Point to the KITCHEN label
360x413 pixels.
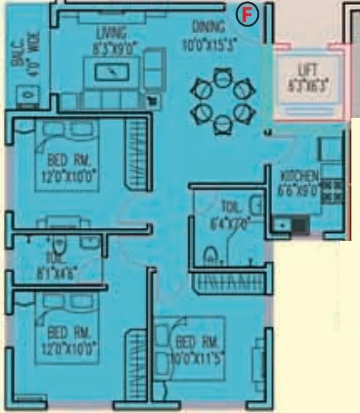coord(299,175)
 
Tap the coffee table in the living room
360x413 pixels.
coord(112,72)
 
